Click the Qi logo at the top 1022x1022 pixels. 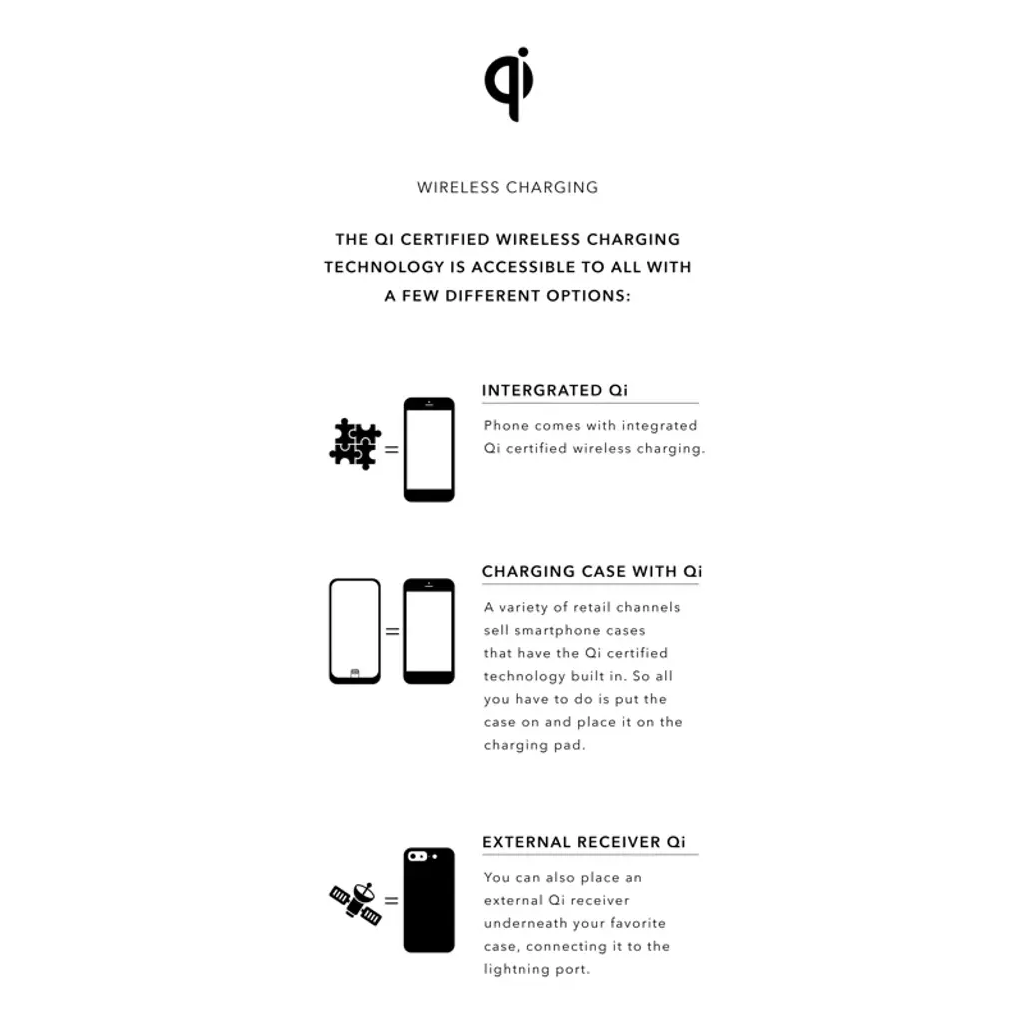point(509,84)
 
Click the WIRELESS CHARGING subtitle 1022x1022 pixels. point(508,187)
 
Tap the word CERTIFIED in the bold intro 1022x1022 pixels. point(444,240)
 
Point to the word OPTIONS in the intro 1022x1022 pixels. point(588,296)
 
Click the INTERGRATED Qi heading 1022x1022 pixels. point(555,390)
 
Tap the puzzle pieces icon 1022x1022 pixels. point(355,444)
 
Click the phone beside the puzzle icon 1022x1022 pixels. point(429,450)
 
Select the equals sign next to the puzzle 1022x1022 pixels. point(391,450)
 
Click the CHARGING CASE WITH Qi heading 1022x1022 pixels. point(592,572)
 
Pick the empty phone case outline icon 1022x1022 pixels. point(355,631)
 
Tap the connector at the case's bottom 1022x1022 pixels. point(355,673)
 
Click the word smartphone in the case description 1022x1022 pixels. point(557,631)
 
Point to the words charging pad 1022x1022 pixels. point(535,745)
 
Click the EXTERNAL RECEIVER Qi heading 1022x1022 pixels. point(584,842)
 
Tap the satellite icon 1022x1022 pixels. point(356,903)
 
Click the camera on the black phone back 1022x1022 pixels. point(418,856)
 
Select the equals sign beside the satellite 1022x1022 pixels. point(391,901)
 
